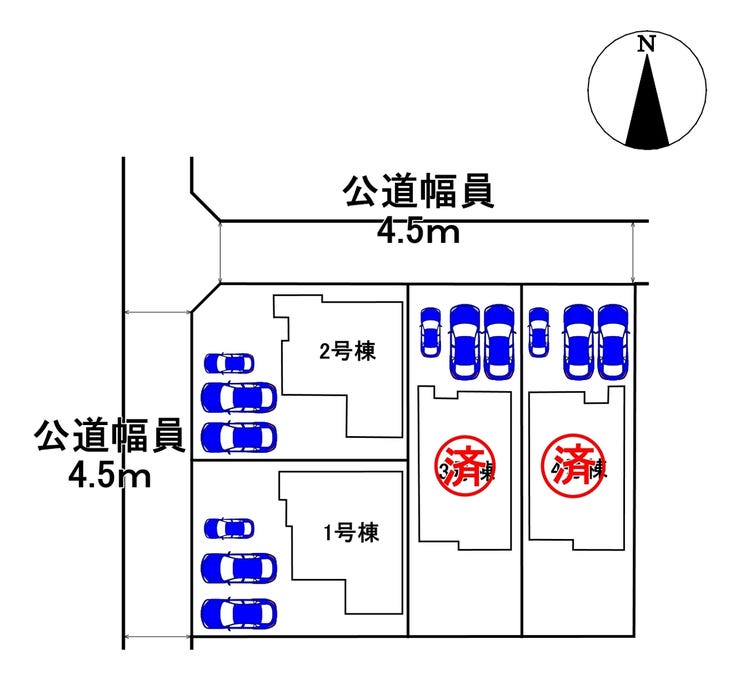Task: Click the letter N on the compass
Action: pos(647,44)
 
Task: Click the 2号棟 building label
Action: pos(347,351)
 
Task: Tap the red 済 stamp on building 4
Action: pos(572,468)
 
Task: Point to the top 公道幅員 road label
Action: pos(419,194)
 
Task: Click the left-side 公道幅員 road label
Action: pos(108,437)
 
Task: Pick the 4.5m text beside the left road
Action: pos(109,475)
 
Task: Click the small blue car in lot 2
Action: pos(229,363)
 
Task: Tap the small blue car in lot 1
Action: pos(229,527)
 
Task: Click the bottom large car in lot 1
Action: pos(239,612)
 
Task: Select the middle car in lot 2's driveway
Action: pos(239,398)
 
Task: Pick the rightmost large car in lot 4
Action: pos(613,340)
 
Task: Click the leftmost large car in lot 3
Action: pos(465,340)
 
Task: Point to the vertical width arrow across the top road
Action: pos(636,252)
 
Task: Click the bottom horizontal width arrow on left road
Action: pos(158,637)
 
